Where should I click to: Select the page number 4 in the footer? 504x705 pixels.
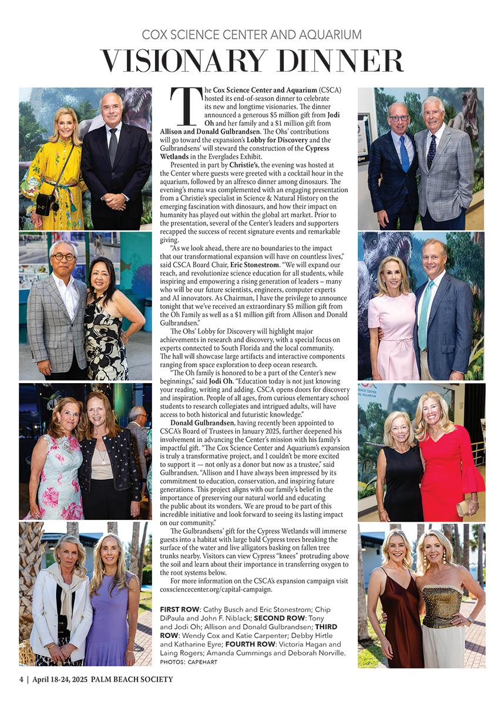(21, 680)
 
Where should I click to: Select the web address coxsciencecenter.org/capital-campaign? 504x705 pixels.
(216, 589)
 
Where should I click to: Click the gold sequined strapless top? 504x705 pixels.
(442, 605)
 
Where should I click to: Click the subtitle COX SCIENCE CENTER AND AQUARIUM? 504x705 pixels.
(252, 35)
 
